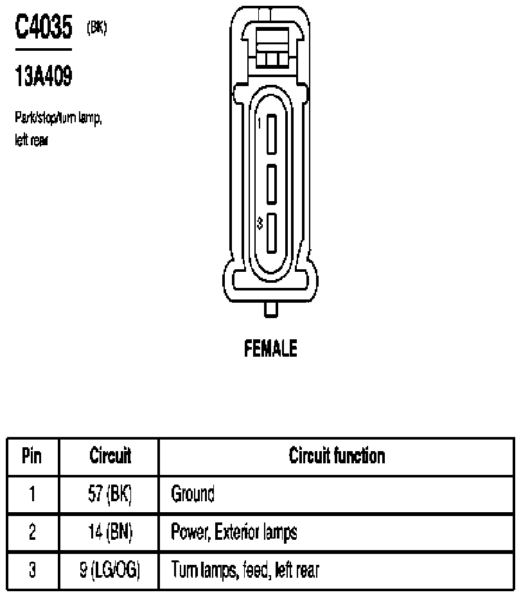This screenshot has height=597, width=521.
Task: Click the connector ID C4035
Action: [44, 26]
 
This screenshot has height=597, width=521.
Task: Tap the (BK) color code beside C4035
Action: [96, 28]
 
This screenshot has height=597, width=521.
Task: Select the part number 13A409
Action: [44, 76]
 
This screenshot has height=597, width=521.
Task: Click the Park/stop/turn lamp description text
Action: [58, 118]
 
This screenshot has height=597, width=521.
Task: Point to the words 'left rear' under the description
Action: [31, 140]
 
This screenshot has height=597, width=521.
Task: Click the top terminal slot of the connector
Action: [271, 134]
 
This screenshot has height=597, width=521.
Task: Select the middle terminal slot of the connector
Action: [271, 184]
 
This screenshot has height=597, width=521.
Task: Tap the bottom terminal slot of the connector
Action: [271, 233]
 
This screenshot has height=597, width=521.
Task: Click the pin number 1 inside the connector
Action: [260, 124]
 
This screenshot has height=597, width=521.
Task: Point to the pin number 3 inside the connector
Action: [260, 223]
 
